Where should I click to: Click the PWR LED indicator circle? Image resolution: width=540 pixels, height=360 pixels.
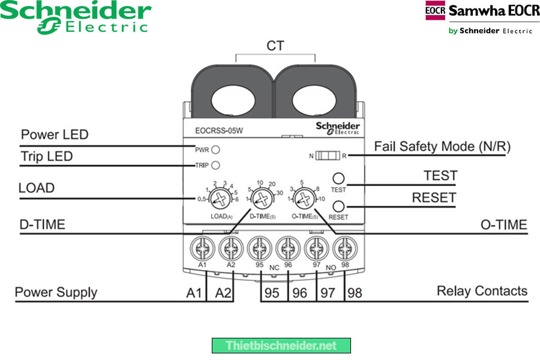pos(215,149)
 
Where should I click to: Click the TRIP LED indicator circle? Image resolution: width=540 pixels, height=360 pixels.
pos(215,165)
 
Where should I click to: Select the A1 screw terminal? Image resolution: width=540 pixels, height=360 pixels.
pos(202,247)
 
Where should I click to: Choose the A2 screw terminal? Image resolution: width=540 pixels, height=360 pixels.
pos(230,247)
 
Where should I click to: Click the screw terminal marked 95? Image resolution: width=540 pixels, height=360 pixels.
pos(259,247)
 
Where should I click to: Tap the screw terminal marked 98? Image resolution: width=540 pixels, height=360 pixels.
pos(343,247)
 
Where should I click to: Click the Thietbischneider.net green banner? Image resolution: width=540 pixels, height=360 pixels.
pos(281,346)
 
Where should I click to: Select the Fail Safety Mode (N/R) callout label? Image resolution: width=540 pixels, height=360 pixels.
pos(442,146)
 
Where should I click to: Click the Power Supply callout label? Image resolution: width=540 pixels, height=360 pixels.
pos(56,293)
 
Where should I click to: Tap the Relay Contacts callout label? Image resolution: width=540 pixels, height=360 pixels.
pos(482,292)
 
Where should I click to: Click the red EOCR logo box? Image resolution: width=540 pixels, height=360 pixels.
pos(435,11)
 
